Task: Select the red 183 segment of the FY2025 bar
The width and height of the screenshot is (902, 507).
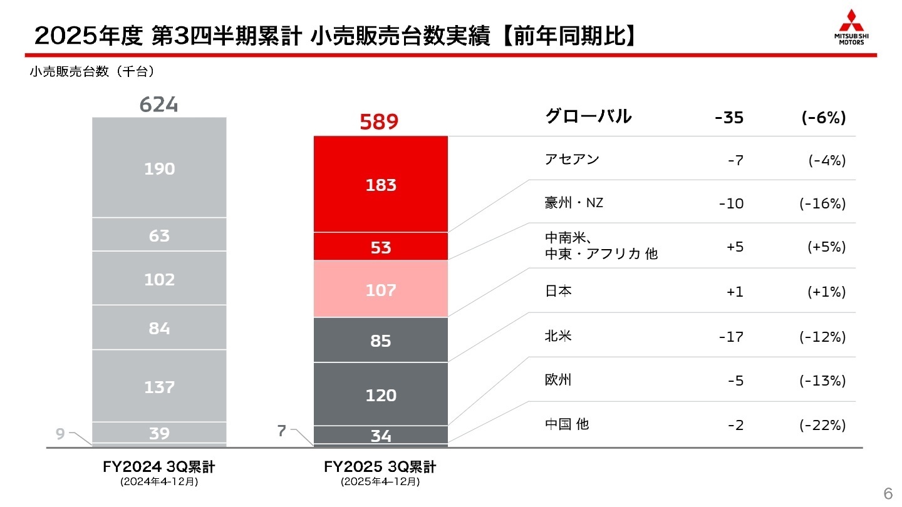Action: (x=381, y=185)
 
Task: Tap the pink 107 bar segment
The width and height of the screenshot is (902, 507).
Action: (x=381, y=290)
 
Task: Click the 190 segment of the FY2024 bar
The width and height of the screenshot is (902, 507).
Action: (x=160, y=168)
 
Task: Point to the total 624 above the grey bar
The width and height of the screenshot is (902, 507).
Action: (x=158, y=105)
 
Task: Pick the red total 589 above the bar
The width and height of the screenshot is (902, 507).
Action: (x=379, y=122)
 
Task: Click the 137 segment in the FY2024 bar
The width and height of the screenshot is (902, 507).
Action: (x=160, y=387)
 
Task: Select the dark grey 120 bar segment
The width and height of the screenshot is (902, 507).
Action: (x=381, y=395)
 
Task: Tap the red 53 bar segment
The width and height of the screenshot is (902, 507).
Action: (x=381, y=247)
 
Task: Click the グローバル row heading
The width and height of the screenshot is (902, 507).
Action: (x=588, y=116)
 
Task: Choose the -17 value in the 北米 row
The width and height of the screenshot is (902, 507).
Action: (x=731, y=337)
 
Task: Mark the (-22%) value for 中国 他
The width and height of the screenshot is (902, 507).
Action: (x=822, y=425)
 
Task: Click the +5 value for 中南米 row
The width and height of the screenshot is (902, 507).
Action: (x=735, y=247)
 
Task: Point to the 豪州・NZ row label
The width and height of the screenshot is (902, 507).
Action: (x=574, y=203)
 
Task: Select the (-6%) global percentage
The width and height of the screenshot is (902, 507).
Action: (x=824, y=118)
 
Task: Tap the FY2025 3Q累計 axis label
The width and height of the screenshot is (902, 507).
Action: (x=380, y=467)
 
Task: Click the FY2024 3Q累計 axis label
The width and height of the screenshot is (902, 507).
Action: (x=159, y=467)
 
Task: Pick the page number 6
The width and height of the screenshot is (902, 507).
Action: (x=888, y=491)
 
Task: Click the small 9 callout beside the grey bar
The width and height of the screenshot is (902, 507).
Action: (x=60, y=433)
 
